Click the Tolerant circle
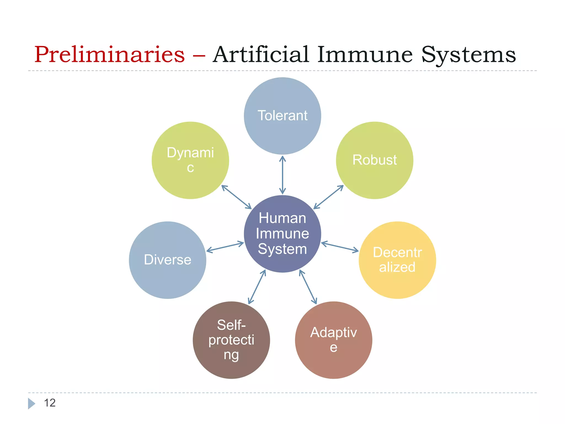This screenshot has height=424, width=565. (x=282, y=116)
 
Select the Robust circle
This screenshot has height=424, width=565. (x=374, y=160)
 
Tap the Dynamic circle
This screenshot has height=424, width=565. (x=190, y=160)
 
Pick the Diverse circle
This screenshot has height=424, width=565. (x=167, y=260)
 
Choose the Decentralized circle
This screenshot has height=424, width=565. (x=397, y=260)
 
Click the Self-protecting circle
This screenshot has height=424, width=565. (x=231, y=340)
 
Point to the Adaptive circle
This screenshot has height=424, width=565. (x=333, y=340)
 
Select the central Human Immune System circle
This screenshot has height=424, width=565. (x=282, y=234)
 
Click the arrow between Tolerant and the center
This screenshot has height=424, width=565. (x=282, y=175)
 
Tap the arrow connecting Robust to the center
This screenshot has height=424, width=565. (x=328, y=197)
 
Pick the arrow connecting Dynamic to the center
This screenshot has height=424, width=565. (x=236, y=197)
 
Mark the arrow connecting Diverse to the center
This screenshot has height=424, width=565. (x=225, y=247)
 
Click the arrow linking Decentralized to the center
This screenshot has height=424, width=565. (x=340, y=247)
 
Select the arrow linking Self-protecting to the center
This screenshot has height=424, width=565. (x=257, y=287)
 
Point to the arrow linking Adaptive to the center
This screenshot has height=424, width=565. (x=308, y=287)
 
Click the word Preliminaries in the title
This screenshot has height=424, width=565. (x=109, y=54)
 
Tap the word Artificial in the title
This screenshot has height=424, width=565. (x=261, y=54)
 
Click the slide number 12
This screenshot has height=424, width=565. (x=50, y=403)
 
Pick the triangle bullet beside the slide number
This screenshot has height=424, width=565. (x=31, y=403)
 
